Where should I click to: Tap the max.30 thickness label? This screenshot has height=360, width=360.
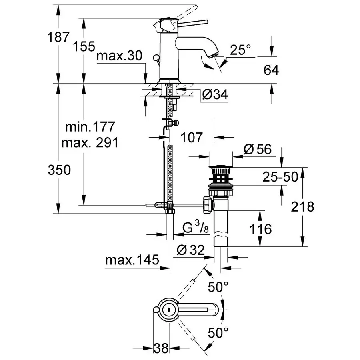tap(119, 56)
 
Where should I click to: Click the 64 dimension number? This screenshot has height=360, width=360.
tap(271, 70)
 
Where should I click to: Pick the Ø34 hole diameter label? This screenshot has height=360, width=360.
tap(214, 95)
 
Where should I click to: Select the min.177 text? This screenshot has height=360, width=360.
tap(90, 127)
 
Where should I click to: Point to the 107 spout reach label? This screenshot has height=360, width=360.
tap(192, 137)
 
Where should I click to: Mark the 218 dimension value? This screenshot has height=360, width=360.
tap(303, 207)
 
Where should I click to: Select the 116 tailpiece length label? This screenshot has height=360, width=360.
tap(260, 229)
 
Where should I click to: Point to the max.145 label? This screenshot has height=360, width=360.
tap(132, 260)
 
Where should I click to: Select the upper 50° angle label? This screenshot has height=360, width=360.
tap(219, 286)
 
